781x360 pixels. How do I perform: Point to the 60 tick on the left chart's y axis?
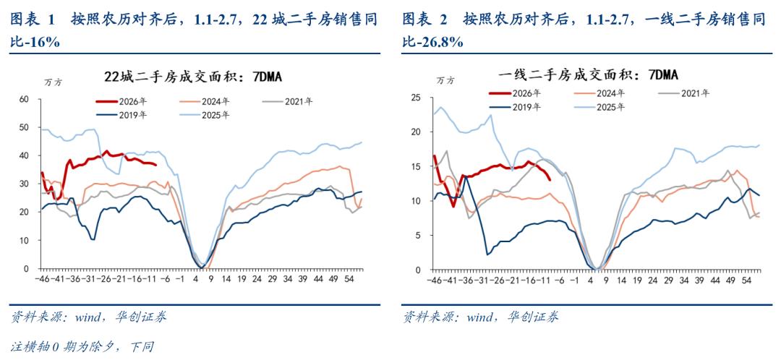(23, 98)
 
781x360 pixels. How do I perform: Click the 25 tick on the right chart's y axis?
(415, 98)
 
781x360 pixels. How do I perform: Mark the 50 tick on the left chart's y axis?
(23, 127)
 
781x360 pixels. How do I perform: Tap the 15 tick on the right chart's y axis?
(415, 166)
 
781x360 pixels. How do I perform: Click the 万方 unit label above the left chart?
(53, 82)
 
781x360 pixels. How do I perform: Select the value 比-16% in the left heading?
(35, 43)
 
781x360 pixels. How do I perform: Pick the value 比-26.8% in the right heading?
(433, 43)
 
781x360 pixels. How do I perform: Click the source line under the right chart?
(480, 317)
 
